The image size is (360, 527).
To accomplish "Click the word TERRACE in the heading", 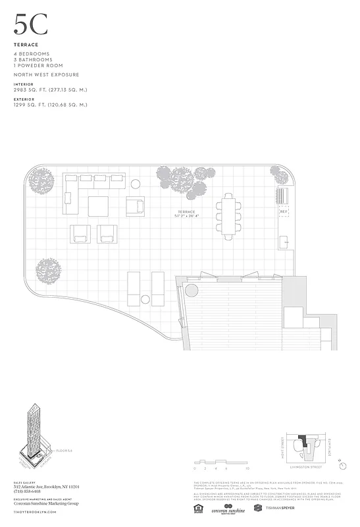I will pyautogui.click(x=26, y=45).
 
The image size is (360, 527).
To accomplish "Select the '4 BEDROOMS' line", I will pyautogui.click(x=31, y=53).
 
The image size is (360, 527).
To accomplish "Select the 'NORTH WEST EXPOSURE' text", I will pyautogui.click(x=46, y=75).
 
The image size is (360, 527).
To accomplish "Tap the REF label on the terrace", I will pyautogui.click(x=284, y=211).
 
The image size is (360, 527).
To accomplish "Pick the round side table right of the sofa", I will pyautogui.click(x=136, y=184).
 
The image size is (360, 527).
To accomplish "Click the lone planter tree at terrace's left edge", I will pyautogui.click(x=49, y=269).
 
